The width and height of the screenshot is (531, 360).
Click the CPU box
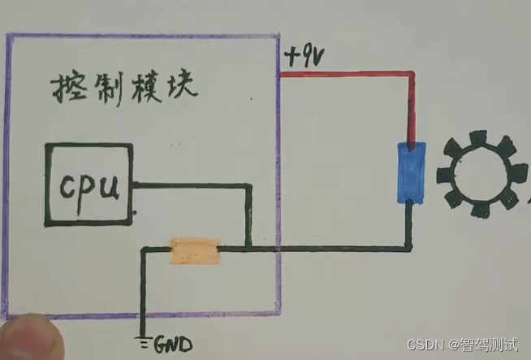(x=88, y=185)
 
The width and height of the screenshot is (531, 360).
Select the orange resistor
(x=194, y=251)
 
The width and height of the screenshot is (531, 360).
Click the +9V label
(x=304, y=58)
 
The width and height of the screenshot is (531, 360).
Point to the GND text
(x=172, y=345)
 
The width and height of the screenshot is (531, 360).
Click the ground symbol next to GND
(x=143, y=341)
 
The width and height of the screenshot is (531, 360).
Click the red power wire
(x=349, y=76)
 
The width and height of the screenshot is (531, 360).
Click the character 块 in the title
(x=179, y=86)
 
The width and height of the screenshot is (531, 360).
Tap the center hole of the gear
(x=477, y=178)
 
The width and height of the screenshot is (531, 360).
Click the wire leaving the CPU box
(x=191, y=185)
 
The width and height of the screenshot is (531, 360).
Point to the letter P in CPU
(x=90, y=192)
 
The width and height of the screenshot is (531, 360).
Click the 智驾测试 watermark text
(x=490, y=345)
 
